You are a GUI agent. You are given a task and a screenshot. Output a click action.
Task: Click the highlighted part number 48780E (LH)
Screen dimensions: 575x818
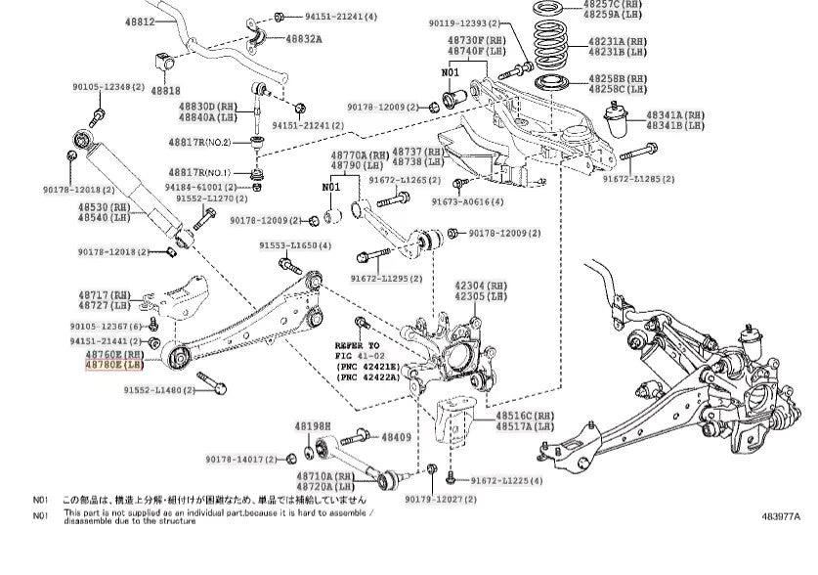click(114, 365)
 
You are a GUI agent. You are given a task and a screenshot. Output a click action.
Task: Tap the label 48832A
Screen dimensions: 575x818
click(303, 39)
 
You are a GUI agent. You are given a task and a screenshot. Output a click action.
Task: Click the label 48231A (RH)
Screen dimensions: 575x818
click(617, 42)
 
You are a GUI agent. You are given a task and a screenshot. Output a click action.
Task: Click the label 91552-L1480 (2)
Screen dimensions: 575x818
click(161, 390)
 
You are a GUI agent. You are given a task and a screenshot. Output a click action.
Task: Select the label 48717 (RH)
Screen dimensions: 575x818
click(106, 293)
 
